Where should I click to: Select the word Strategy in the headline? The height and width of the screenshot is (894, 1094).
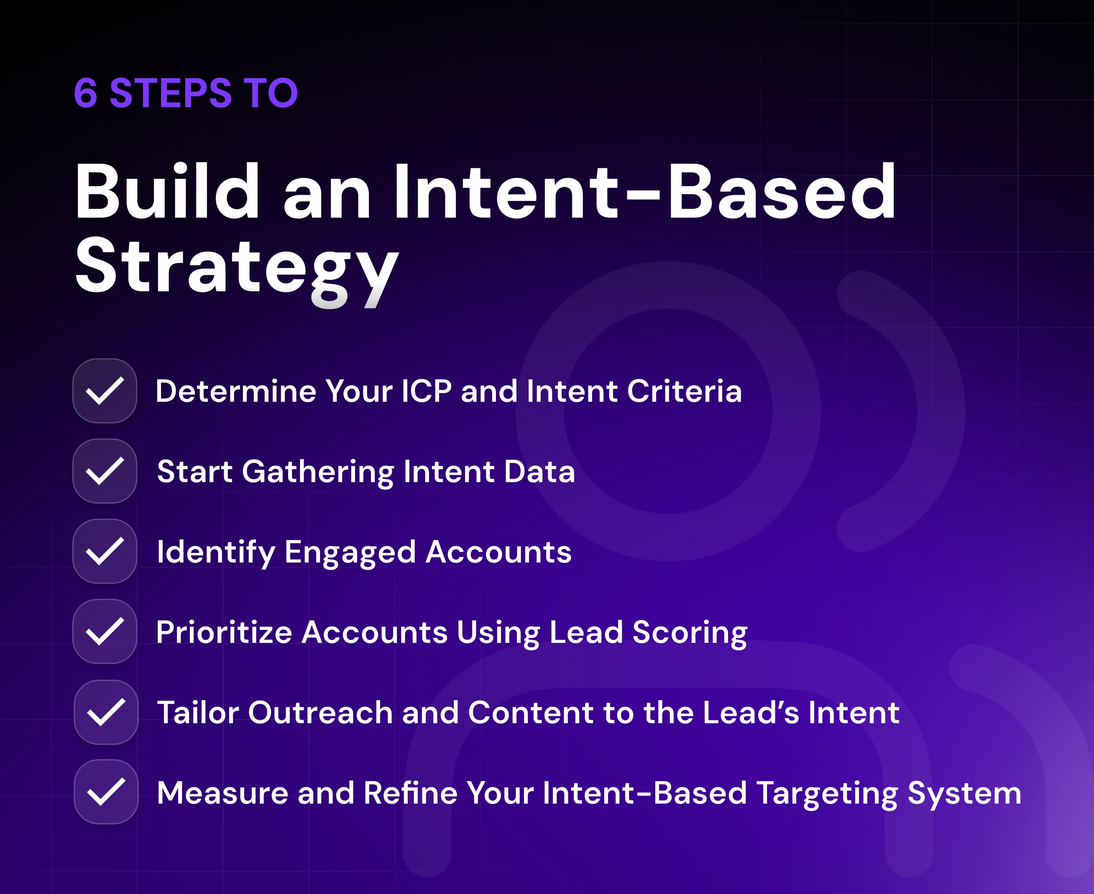(237, 271)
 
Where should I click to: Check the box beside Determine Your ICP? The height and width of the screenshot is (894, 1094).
(105, 391)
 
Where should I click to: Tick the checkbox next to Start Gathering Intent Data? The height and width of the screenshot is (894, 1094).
(105, 471)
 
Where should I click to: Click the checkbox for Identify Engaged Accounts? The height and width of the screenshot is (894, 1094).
(105, 551)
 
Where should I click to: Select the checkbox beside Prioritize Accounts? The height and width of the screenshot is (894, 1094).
(105, 631)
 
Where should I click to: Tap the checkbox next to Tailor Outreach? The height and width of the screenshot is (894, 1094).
(106, 712)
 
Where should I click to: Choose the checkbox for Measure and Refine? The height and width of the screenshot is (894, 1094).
(106, 791)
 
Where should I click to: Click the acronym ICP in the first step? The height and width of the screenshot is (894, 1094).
(427, 391)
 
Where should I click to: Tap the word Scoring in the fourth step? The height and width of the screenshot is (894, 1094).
(690, 633)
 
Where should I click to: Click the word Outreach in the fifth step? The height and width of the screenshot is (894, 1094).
(321, 712)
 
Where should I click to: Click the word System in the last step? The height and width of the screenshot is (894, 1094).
(964, 794)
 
